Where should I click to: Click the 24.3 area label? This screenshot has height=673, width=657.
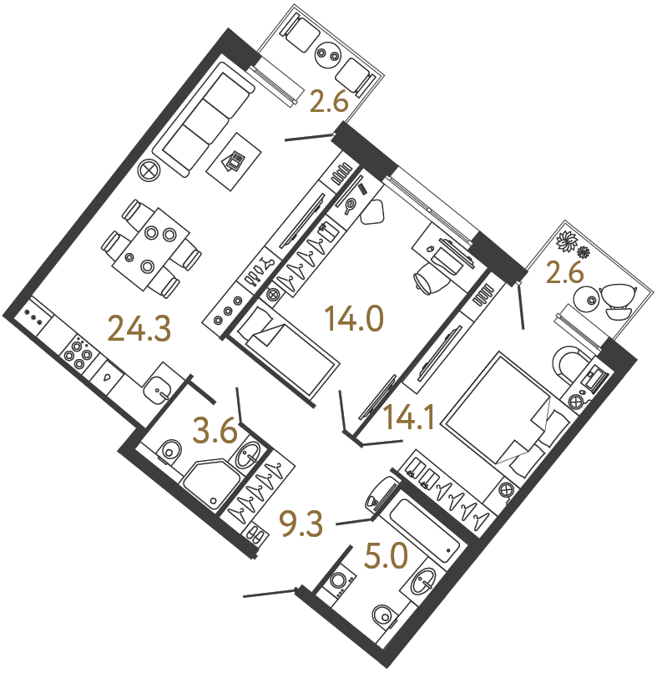point(139,327)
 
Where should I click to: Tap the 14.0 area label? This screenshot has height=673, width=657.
point(354,317)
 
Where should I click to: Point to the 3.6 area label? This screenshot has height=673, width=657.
point(215,432)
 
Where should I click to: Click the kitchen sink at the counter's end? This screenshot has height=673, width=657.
point(159,387)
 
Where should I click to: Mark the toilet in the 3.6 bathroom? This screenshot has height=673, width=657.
point(170,451)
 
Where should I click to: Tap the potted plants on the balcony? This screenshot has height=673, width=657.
point(574,244)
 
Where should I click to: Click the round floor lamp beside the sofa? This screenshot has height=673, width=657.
point(149,170)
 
